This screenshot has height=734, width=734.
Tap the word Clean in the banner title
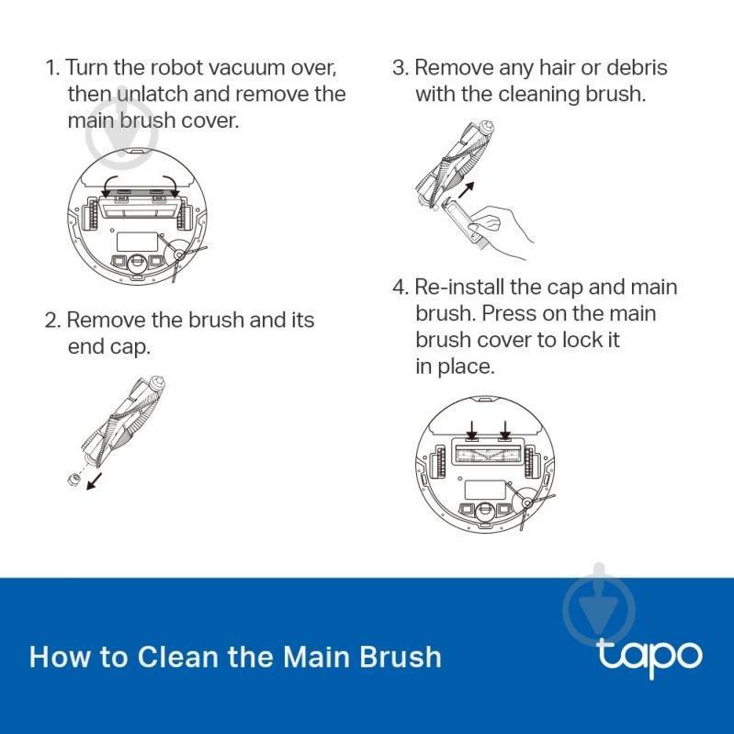(178, 657)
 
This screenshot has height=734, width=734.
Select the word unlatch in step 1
(152, 94)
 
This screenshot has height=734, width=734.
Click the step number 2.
(52, 321)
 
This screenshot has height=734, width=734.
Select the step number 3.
(401, 68)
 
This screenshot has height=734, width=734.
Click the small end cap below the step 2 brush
(73, 479)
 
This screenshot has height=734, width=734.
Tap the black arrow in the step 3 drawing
(467, 189)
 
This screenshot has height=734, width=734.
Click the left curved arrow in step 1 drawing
(109, 186)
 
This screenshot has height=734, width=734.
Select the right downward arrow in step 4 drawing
(505, 429)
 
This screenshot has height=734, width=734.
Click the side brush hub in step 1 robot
(178, 254)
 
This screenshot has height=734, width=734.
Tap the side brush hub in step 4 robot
(526, 503)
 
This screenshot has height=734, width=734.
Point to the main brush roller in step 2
(124, 421)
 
